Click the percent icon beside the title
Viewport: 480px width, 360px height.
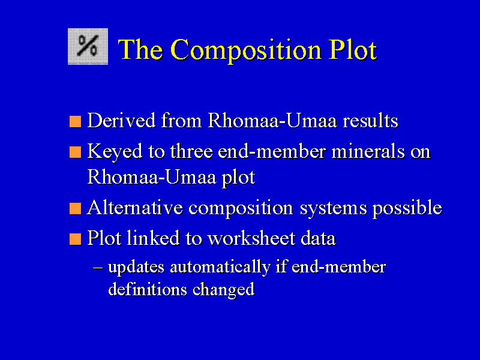click(x=88, y=47)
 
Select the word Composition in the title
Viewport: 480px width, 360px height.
click(x=246, y=50)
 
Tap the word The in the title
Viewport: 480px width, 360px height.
click(x=140, y=49)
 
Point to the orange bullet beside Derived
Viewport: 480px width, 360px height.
click(x=76, y=121)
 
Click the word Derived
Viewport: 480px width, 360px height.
click(x=121, y=120)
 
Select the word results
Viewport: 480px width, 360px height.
click(x=370, y=120)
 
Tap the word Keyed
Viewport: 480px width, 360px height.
click(x=115, y=152)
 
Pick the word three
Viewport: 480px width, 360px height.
click(x=191, y=151)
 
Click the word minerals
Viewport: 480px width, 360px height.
click(x=368, y=151)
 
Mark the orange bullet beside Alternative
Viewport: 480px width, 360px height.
click(x=76, y=208)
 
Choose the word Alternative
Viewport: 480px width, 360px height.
click(x=134, y=208)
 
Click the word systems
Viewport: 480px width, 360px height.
click(x=333, y=209)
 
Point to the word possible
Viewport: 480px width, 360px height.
click(x=407, y=208)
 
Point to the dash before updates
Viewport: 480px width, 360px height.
click(x=98, y=268)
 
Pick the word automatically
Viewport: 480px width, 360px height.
click(x=220, y=267)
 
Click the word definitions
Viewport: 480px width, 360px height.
click(x=148, y=289)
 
